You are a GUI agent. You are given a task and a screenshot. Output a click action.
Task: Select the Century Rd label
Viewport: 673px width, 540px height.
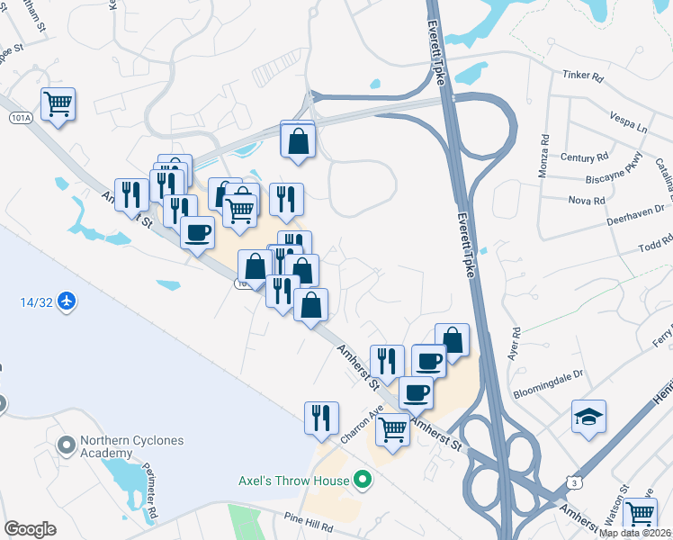[578, 157]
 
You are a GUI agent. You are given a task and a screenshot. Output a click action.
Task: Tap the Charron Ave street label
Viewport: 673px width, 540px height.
[363, 421]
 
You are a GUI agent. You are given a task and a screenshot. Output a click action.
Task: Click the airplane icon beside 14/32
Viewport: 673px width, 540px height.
[66, 300]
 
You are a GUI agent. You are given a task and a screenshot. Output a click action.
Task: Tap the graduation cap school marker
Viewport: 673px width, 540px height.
[588, 416]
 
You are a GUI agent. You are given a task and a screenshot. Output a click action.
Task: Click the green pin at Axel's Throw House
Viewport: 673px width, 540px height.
[363, 481]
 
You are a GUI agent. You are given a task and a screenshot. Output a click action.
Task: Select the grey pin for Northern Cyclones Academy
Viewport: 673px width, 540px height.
[65, 445]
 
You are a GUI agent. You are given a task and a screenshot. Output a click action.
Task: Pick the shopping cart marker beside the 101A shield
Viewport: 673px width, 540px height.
[58, 103]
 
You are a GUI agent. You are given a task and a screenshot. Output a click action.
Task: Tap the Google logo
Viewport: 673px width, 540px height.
[30, 529]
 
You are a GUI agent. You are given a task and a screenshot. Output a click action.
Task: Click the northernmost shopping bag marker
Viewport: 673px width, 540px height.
[297, 139]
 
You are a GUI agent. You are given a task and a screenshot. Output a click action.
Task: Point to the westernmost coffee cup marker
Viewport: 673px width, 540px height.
[197, 232]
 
